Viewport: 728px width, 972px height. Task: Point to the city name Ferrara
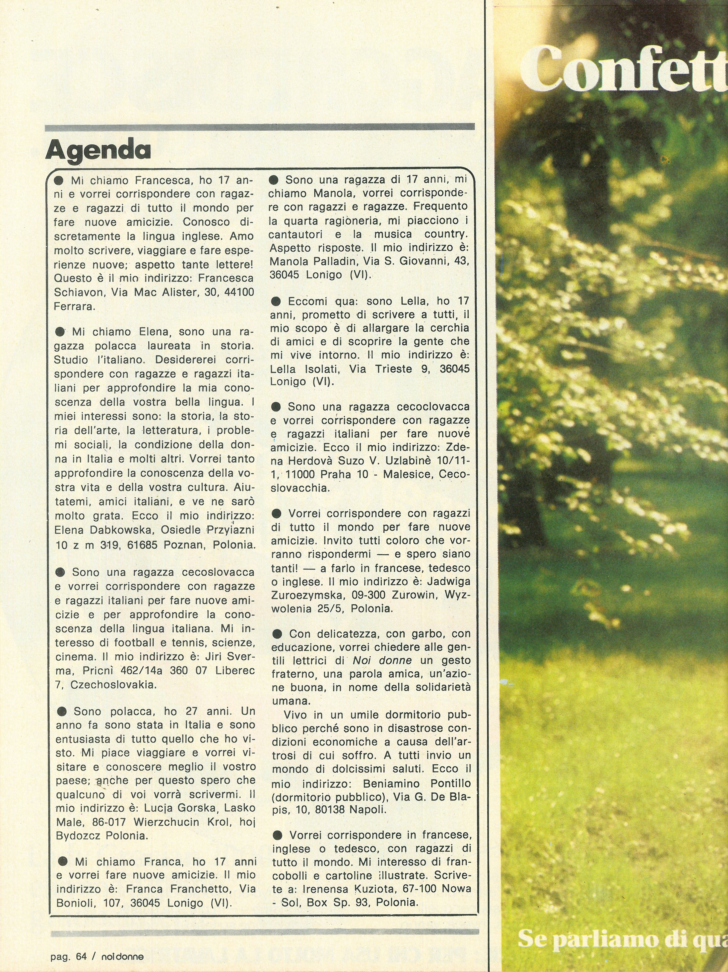pos(74,307)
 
